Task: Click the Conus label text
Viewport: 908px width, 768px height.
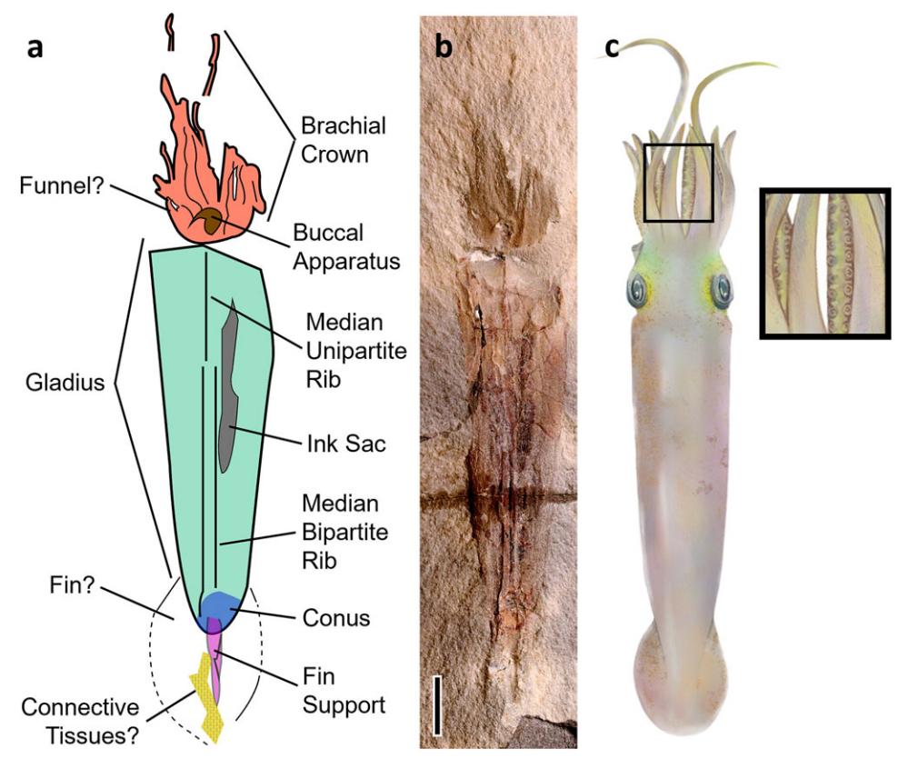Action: click(336, 617)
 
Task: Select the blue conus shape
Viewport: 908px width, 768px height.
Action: click(218, 605)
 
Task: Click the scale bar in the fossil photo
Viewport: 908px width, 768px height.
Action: click(437, 703)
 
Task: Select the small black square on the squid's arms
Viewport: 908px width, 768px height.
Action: click(678, 182)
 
